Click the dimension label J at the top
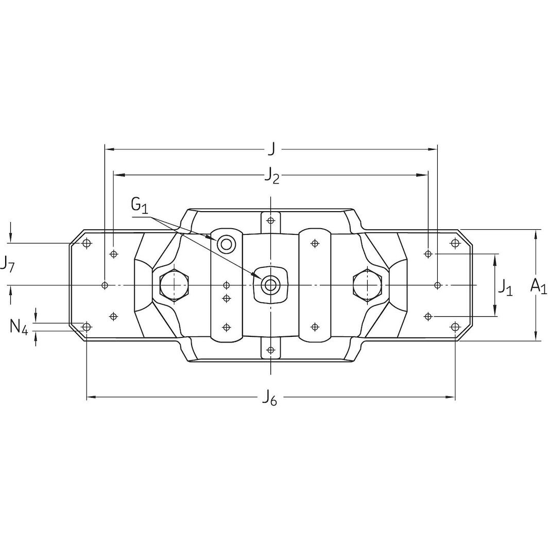click(x=271, y=149)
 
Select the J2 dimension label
click(x=272, y=176)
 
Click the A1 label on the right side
click(x=538, y=286)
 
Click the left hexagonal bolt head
click(x=174, y=285)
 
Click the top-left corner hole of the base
click(x=87, y=243)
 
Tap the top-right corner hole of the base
click(x=455, y=243)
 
